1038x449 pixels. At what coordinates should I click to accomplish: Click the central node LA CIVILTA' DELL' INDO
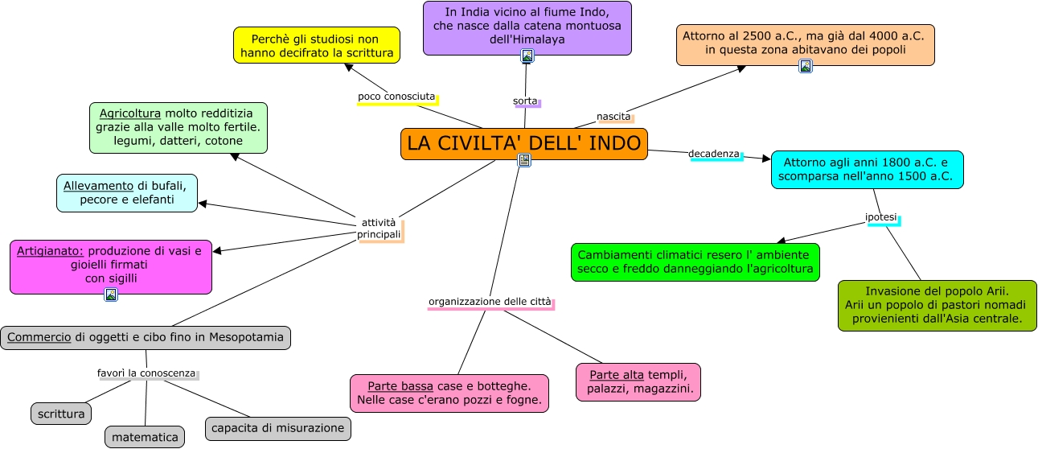[x=523, y=144]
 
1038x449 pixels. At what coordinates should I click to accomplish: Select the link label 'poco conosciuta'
[x=396, y=97]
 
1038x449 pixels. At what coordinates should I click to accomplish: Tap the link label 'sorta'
[x=525, y=101]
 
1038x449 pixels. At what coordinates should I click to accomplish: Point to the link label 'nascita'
[x=613, y=117]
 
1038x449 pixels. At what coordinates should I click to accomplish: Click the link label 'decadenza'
[x=713, y=154]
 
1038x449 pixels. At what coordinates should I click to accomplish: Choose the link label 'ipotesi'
[x=880, y=217]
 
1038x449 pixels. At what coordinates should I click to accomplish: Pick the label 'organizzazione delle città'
[x=490, y=302]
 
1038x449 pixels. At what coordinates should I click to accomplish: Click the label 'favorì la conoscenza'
[x=146, y=373]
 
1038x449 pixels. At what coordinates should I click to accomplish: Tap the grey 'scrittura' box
[x=61, y=414]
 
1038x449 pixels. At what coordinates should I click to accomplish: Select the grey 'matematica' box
[x=145, y=437]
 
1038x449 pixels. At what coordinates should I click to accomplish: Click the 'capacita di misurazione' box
[x=278, y=428]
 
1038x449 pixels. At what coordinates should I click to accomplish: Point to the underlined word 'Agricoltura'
[x=125, y=113]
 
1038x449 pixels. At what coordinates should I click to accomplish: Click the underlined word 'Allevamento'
[x=98, y=185]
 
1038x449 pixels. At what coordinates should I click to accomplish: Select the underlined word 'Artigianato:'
[x=50, y=250]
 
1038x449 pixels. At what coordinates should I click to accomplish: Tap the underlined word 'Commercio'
[x=39, y=337]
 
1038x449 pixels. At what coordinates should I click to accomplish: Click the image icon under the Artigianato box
[x=111, y=295]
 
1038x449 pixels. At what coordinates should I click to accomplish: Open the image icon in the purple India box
[x=527, y=56]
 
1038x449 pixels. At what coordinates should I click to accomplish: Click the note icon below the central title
[x=524, y=160]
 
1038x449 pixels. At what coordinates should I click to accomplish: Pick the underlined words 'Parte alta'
[x=617, y=375]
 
